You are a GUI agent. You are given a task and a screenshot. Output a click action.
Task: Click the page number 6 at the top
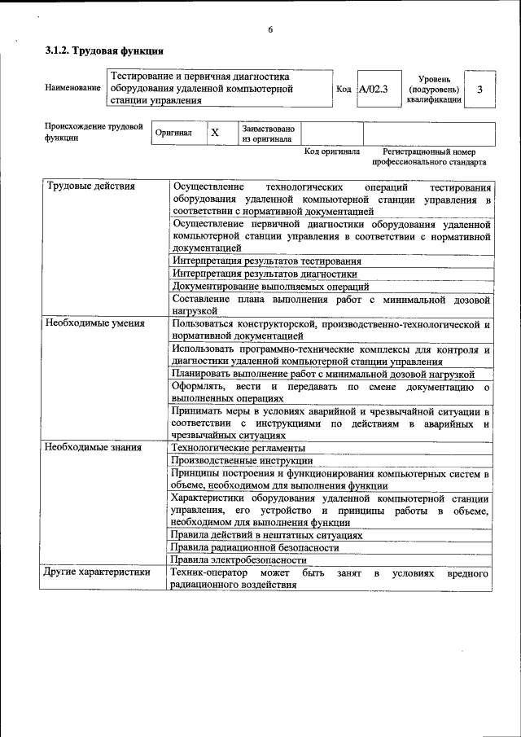(269, 30)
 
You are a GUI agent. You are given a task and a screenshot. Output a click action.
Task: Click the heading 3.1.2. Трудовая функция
(98, 51)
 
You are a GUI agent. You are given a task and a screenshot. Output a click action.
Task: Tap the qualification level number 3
(480, 89)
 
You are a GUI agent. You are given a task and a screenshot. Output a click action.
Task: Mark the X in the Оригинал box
(215, 133)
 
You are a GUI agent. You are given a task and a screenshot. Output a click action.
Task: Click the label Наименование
(73, 88)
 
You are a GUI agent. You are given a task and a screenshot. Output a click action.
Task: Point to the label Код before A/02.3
(344, 89)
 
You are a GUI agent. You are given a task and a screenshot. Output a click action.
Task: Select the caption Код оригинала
(331, 151)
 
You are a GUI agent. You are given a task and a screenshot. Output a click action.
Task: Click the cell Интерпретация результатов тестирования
(267, 261)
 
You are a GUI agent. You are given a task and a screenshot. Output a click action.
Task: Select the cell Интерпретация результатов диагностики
(265, 274)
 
